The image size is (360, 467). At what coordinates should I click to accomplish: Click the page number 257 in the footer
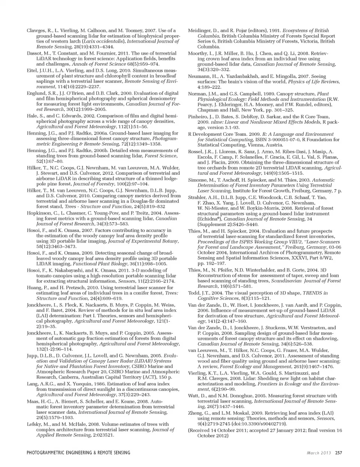click(338, 452)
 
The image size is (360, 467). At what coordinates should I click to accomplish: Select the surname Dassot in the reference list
click(35, 53)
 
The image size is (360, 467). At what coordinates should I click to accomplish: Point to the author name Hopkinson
click(39, 213)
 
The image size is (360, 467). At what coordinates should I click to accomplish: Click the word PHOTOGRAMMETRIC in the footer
click(49, 452)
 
